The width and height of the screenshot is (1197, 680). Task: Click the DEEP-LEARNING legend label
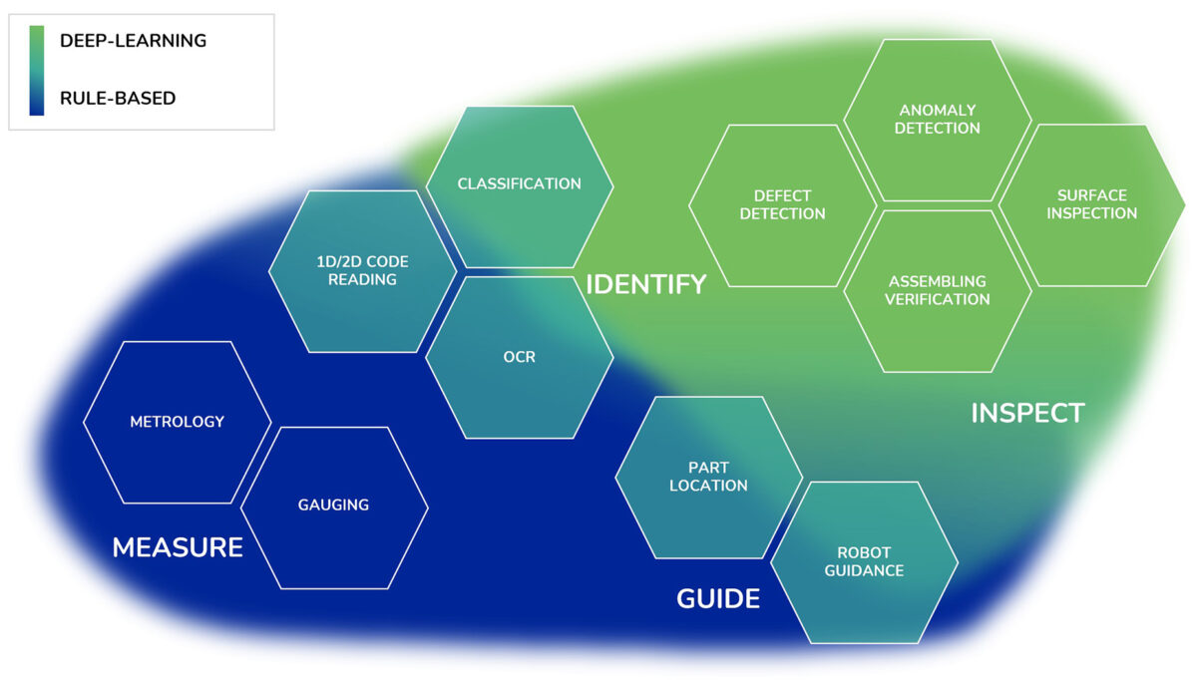[x=133, y=42]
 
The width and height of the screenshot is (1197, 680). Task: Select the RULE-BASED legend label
[x=118, y=98]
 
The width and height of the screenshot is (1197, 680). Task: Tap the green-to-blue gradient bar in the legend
[x=37, y=70]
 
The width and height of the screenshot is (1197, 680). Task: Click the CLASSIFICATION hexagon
[x=519, y=185]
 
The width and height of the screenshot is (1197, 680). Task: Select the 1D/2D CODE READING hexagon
[x=362, y=271]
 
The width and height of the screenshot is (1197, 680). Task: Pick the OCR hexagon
[x=519, y=357]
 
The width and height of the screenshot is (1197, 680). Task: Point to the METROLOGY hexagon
[x=177, y=422]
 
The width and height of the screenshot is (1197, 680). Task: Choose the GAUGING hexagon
[x=333, y=506]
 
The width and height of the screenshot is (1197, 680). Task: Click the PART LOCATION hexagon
[x=708, y=477]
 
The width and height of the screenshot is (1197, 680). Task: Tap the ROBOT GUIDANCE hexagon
[x=864, y=562]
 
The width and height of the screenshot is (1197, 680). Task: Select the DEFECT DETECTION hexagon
[x=782, y=205]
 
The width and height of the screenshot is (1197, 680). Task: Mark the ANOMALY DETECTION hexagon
[x=937, y=120]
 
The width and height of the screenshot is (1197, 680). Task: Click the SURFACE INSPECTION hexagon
[x=1091, y=205]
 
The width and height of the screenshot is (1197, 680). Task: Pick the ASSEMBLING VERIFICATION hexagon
[x=937, y=290]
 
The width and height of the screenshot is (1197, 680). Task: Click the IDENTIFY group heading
[x=645, y=284]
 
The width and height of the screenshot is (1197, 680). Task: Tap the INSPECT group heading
[x=1026, y=413]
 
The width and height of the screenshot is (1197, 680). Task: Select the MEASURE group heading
[x=178, y=547]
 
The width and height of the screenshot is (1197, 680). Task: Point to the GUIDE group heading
[x=717, y=598]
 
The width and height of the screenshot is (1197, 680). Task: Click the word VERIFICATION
[x=937, y=299]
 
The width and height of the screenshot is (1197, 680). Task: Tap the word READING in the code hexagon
[x=362, y=280]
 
